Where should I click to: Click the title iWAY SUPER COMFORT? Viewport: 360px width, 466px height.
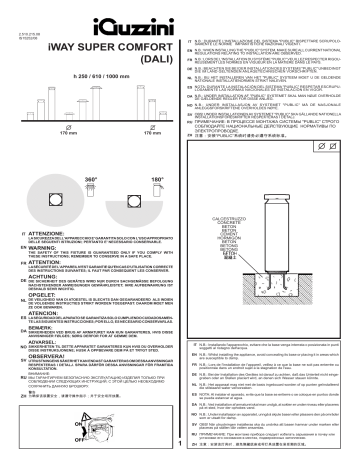pyautogui.click(x=76, y=43)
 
